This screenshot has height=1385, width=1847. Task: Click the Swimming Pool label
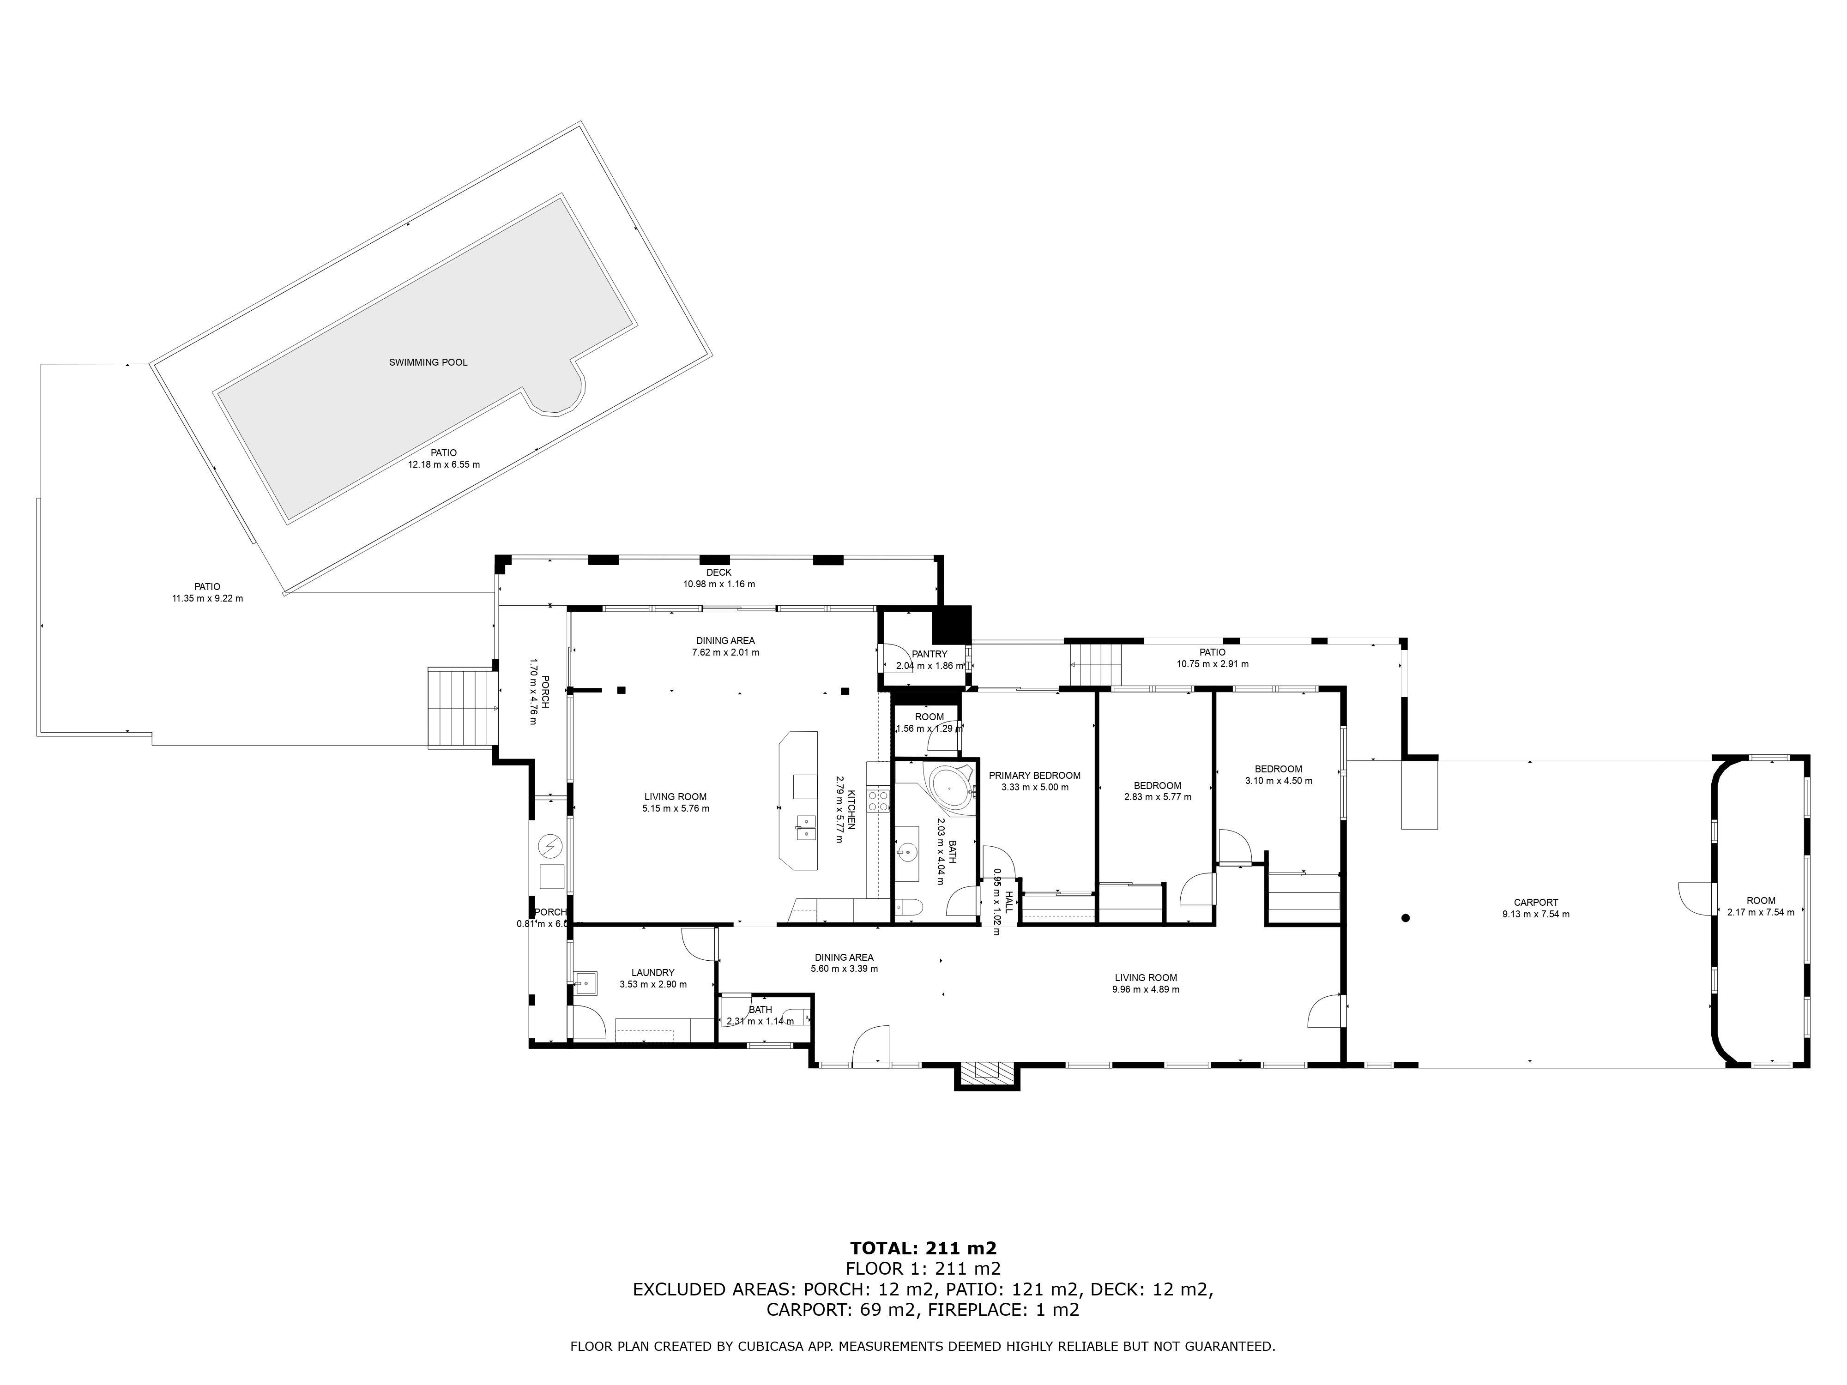pos(429,362)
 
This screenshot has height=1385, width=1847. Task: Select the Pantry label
pos(930,654)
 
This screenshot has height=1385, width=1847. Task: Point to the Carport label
pos(1535,903)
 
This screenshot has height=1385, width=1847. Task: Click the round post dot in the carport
pos(1405,918)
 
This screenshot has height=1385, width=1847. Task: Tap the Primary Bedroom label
pos(1035,776)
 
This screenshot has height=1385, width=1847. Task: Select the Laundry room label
pos(653,973)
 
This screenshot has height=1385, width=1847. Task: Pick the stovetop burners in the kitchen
pos(878,801)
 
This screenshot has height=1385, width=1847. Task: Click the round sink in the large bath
pos(906,853)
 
